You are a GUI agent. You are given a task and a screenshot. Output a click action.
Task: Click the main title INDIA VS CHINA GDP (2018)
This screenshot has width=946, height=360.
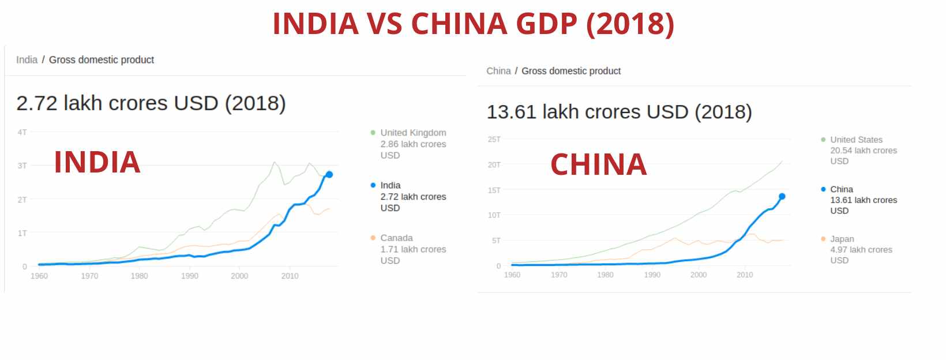[473, 24]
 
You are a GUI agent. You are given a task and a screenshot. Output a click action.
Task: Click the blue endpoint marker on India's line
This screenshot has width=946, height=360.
[329, 174]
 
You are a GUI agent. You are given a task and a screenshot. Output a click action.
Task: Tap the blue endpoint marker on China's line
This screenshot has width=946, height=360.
[782, 196]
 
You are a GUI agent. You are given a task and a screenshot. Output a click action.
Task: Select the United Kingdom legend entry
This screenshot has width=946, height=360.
[412, 144]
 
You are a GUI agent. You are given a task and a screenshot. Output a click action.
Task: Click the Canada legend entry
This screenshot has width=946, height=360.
[412, 249]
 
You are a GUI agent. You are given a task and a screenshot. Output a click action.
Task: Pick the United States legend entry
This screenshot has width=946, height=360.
[862, 150]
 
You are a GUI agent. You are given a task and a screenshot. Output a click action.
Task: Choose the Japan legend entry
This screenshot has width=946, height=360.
[860, 249]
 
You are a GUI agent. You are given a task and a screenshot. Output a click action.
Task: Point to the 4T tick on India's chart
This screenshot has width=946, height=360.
[22, 132]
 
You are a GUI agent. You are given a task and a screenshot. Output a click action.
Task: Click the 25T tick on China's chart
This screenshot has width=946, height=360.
[494, 139]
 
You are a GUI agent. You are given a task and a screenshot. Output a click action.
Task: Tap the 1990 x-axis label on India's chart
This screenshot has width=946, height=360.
[189, 276]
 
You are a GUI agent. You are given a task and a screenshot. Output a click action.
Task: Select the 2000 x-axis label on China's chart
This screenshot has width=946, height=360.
[698, 275]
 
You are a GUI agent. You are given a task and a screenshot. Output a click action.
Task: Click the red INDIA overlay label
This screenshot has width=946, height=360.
[97, 162]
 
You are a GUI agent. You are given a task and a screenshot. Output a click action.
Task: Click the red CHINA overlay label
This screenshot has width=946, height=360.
[598, 164]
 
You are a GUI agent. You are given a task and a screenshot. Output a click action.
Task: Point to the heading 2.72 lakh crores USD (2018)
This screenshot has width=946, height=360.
[151, 103]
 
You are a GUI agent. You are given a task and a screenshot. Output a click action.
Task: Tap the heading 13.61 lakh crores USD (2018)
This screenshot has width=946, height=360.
[619, 112]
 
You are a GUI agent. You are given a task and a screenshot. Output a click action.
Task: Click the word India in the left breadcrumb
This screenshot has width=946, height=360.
[27, 60]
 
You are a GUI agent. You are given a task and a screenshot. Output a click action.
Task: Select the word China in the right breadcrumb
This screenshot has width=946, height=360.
[498, 71]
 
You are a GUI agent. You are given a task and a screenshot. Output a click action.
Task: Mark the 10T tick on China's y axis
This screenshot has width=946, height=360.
[494, 215]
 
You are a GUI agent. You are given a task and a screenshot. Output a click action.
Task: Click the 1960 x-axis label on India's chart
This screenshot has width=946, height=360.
[39, 276]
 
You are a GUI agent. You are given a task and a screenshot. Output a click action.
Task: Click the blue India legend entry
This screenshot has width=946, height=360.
[412, 196]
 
